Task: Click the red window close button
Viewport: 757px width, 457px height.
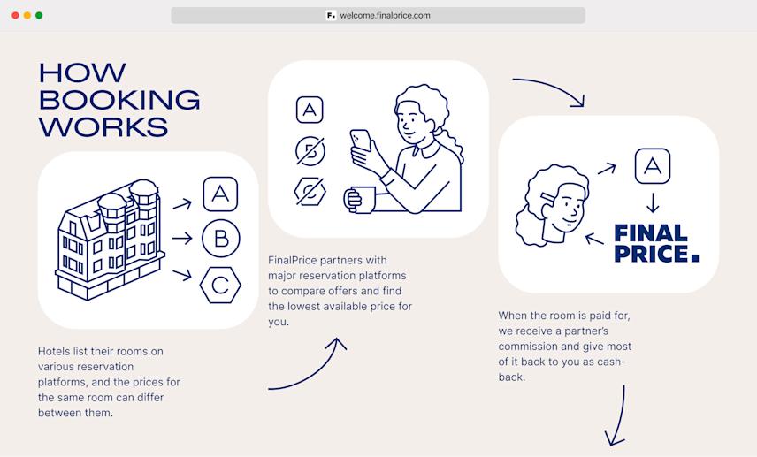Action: (15, 15)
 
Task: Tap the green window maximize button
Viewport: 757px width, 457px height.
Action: (39, 15)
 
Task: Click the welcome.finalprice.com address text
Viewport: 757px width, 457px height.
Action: (385, 15)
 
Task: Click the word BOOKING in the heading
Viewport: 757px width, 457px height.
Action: (119, 99)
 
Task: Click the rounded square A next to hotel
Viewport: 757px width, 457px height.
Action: (220, 194)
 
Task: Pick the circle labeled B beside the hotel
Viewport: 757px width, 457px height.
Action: (220, 239)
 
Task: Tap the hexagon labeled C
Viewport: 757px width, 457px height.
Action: (220, 285)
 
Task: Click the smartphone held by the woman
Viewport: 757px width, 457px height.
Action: (360, 141)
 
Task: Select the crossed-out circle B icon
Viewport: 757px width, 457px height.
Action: (310, 151)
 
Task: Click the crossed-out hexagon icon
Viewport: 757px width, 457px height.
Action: (310, 191)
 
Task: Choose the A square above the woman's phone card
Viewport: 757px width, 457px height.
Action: (309, 110)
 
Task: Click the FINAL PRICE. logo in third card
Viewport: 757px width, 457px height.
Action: (655, 243)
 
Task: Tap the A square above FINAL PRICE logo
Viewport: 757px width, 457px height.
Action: (652, 166)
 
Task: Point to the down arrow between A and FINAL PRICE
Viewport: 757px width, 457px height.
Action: (653, 202)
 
